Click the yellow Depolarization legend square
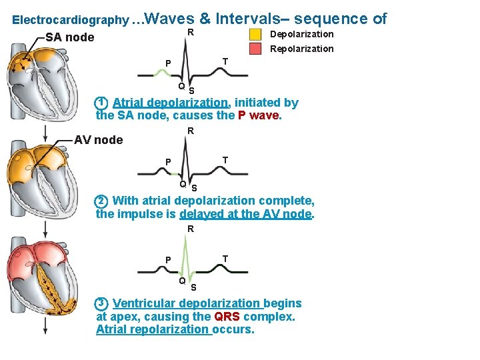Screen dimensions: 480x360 (x=256, y=34)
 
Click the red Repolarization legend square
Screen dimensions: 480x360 (x=256, y=49)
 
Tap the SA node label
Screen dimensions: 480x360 (x=70, y=37)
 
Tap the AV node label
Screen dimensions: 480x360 (x=98, y=140)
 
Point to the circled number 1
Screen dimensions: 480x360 (x=101, y=103)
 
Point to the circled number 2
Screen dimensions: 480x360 (x=101, y=201)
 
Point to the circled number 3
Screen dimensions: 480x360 (x=101, y=304)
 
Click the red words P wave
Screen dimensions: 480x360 (x=259, y=115)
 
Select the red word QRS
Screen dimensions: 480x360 (x=227, y=317)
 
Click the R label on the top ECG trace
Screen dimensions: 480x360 (x=190, y=33)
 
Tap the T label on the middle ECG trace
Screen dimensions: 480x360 (x=225, y=160)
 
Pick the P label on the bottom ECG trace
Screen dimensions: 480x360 (x=169, y=260)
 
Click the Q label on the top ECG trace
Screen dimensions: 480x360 (x=181, y=87)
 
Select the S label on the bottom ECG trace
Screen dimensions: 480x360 (x=193, y=288)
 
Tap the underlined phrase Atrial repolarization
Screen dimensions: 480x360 (x=153, y=329)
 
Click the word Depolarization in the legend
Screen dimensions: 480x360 (x=301, y=34)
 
